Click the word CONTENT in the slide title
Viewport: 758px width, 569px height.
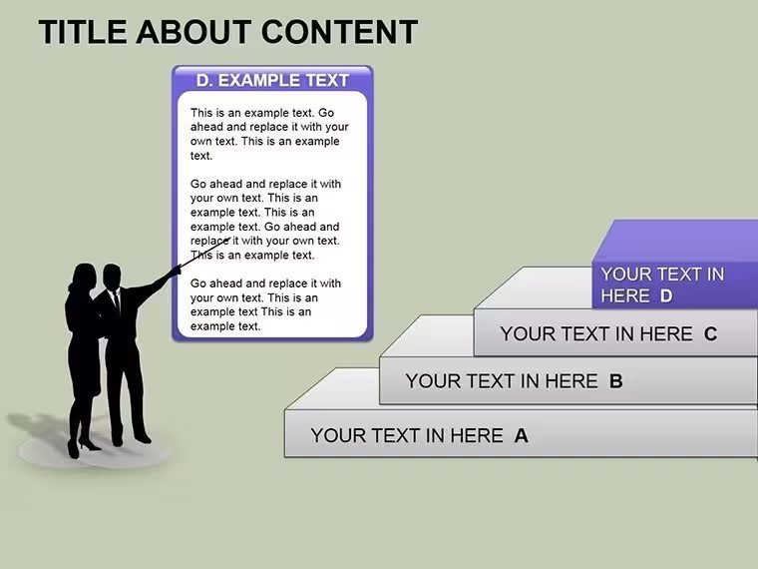tap(339, 32)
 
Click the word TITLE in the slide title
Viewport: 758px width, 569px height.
tap(83, 32)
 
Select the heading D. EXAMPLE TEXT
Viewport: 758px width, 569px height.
tap(272, 80)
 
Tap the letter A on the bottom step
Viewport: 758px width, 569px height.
tap(521, 436)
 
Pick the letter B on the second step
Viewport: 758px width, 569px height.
tap(616, 381)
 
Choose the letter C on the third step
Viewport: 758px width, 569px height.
tap(710, 333)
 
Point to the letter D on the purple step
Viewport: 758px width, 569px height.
tap(666, 295)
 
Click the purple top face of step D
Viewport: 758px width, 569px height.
tap(677, 241)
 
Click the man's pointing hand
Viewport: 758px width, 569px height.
tap(175, 271)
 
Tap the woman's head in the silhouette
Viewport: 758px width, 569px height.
tap(84, 277)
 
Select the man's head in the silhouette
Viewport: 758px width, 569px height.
tap(112, 277)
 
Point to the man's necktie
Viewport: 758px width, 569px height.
tap(117, 300)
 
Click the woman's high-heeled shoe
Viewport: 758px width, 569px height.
tap(89, 444)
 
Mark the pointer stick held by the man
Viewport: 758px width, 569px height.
tap(204, 253)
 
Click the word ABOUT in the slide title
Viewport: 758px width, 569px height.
tap(194, 32)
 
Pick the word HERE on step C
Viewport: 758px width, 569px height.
tap(666, 333)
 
